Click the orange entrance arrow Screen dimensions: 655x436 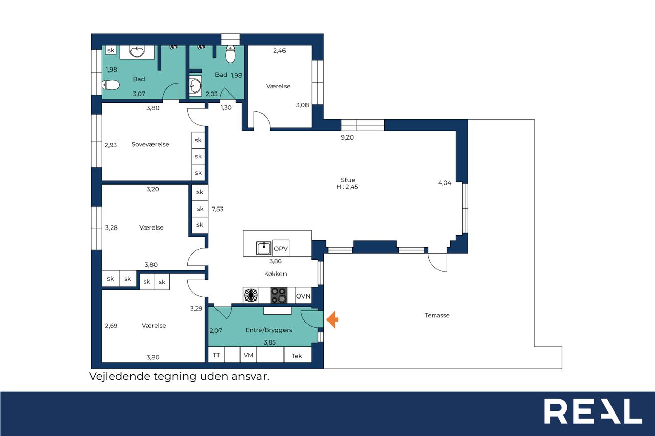click(x=333, y=319)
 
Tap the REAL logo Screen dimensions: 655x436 click(x=593, y=411)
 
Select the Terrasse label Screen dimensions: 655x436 click(x=437, y=315)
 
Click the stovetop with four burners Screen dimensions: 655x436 click(x=279, y=295)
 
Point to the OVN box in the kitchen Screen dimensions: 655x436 click(x=303, y=296)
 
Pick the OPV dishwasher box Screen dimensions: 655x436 click(x=281, y=248)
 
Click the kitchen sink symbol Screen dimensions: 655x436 click(x=264, y=248)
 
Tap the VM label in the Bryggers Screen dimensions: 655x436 click(x=248, y=355)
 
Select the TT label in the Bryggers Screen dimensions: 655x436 click(x=216, y=355)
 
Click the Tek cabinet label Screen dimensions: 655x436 click(x=297, y=356)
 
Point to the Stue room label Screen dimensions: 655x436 click(x=347, y=180)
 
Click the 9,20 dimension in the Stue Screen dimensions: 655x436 click(x=347, y=137)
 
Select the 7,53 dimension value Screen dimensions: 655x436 click(x=217, y=209)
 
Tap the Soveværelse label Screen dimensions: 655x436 click(x=150, y=144)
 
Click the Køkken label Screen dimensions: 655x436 click(x=275, y=273)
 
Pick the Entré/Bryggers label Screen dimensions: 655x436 click(x=269, y=330)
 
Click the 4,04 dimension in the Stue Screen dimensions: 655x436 click(x=445, y=183)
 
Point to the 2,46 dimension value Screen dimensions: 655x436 click(x=279, y=51)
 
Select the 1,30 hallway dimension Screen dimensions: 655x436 click(x=226, y=107)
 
